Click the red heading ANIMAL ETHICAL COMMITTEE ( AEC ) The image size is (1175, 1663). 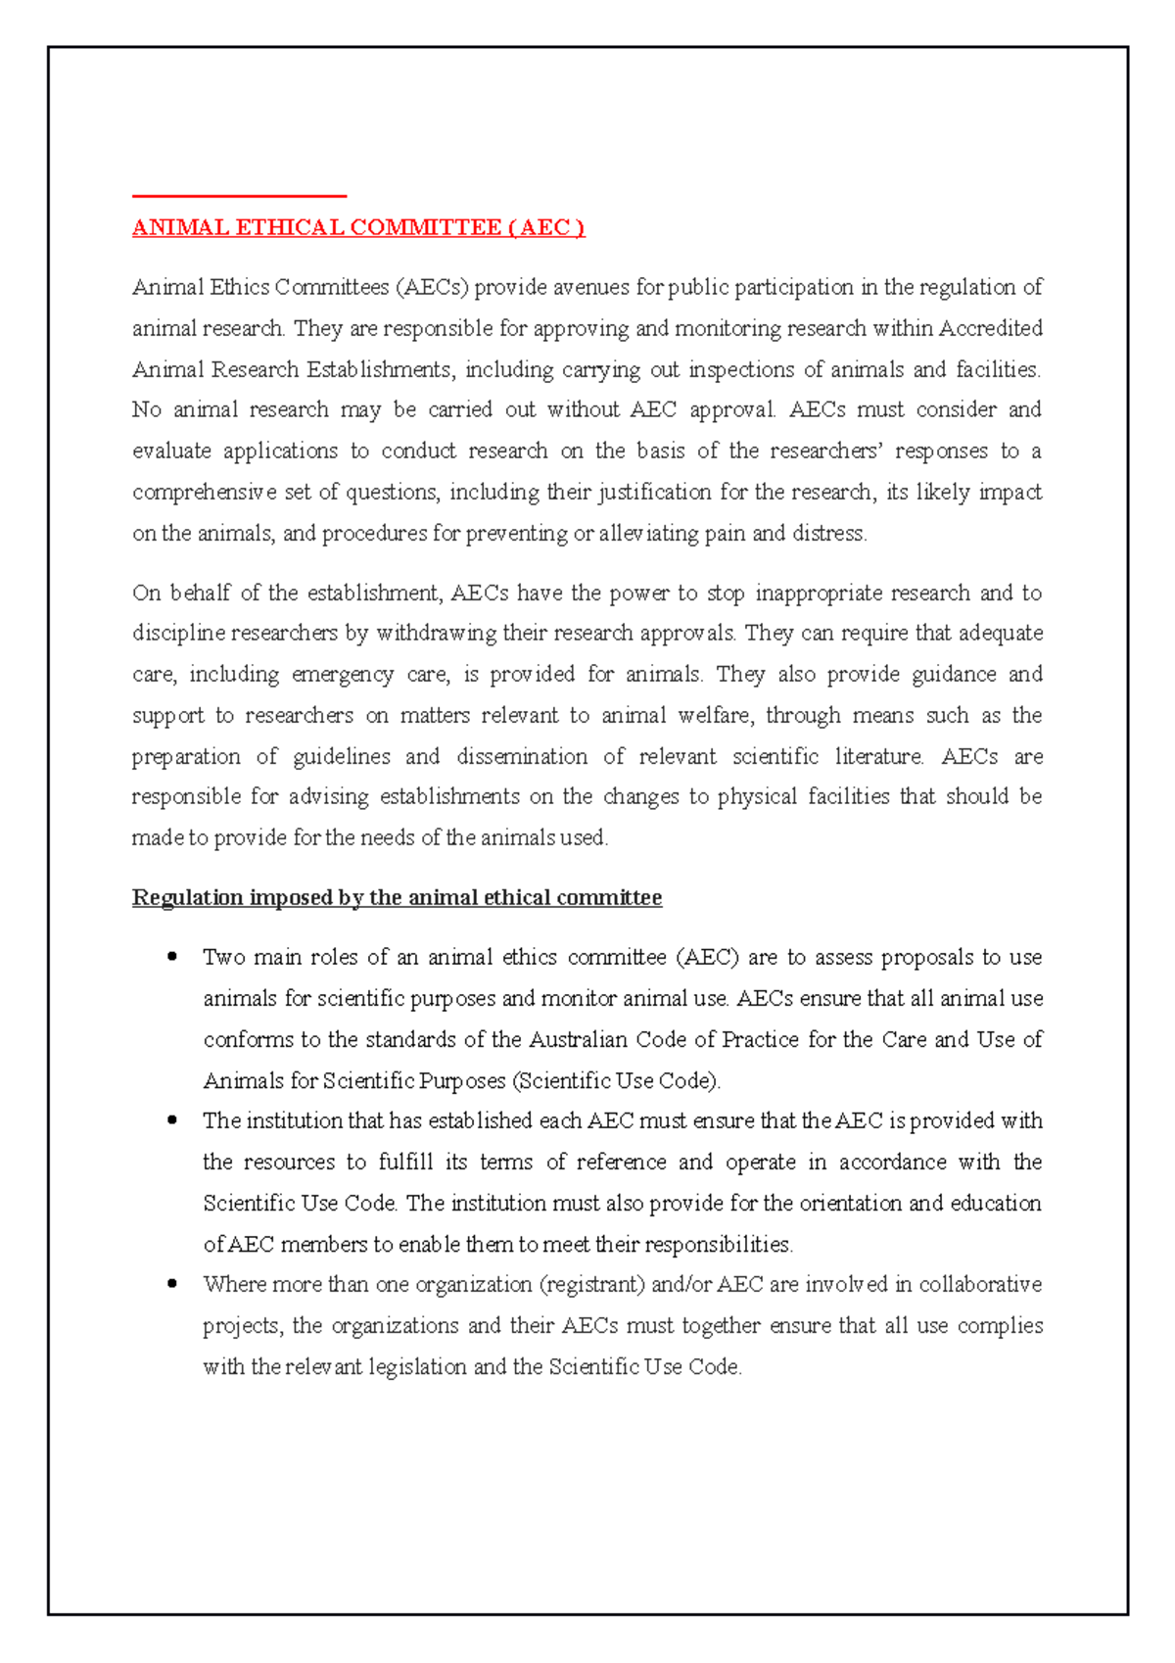[x=358, y=228]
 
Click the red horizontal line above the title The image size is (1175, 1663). [x=240, y=196]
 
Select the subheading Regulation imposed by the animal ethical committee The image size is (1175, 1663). [x=397, y=898]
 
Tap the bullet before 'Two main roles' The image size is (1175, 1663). [x=172, y=957]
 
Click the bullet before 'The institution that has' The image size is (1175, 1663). [x=172, y=1120]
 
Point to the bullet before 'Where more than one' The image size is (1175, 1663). [x=172, y=1284]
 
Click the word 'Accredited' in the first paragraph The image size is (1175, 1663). [x=991, y=328]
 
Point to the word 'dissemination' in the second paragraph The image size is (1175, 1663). [x=522, y=757]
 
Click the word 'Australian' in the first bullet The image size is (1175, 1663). [x=578, y=1039]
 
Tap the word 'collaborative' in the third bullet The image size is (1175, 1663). [x=980, y=1284]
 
